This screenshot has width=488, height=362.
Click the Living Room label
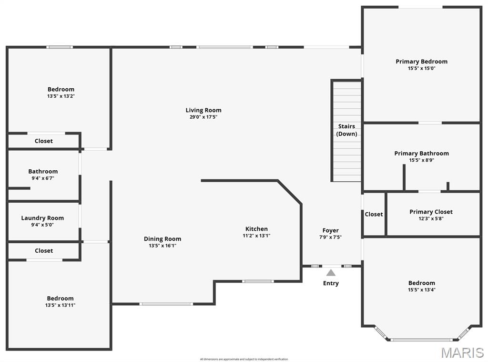[x=203, y=110]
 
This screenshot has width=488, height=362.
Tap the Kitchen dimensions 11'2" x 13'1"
[x=256, y=236]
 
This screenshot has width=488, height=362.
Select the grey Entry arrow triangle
[x=331, y=273]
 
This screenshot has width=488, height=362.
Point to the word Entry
[x=331, y=283]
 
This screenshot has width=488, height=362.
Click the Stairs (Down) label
[x=346, y=130]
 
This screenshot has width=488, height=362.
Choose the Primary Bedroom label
[x=421, y=62]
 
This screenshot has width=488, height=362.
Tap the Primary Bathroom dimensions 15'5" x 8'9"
[x=421, y=160]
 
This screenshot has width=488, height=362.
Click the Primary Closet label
[x=431, y=212]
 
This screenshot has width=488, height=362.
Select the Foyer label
[x=330, y=230]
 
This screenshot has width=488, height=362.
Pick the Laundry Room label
[x=42, y=218]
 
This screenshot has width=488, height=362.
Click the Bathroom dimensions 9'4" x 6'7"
[x=43, y=178]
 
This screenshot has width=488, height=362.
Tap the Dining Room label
[x=163, y=239]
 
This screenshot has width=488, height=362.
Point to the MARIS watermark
[x=462, y=352]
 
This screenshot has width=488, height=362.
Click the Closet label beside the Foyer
[x=374, y=214]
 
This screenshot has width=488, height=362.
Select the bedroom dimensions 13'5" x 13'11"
[x=60, y=305]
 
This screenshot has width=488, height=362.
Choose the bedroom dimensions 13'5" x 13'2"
[x=61, y=96]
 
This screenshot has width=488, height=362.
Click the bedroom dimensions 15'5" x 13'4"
[x=421, y=290]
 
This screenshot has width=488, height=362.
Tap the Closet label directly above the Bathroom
[x=44, y=141]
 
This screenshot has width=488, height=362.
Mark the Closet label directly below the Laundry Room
[x=44, y=250]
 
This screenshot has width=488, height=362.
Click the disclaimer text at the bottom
[x=244, y=359]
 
